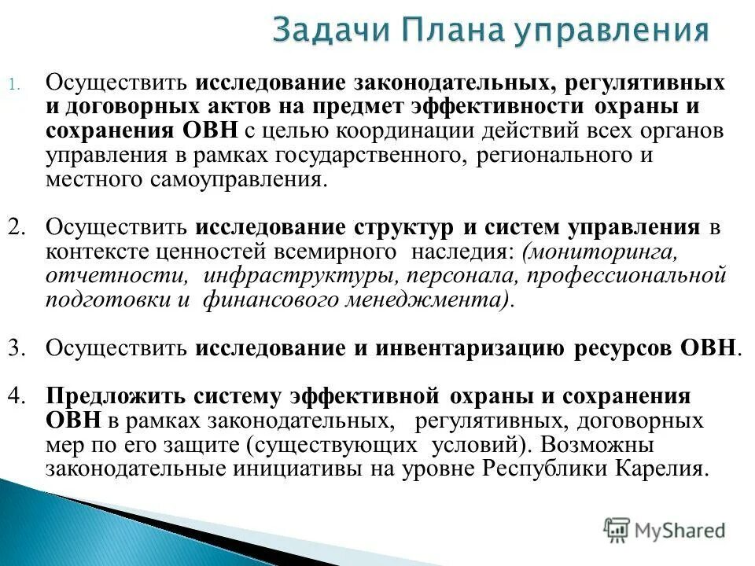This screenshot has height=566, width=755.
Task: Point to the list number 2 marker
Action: (17, 227)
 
